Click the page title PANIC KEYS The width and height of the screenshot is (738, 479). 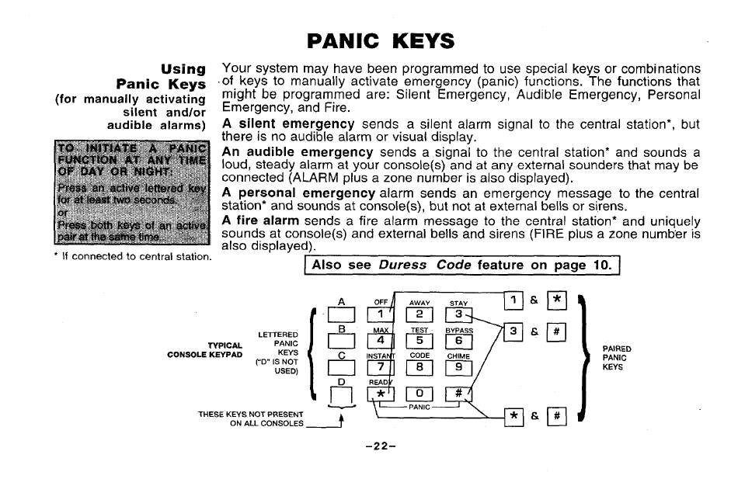(x=381, y=40)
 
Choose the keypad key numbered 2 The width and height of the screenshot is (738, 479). (x=419, y=314)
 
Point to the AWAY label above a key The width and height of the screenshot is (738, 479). (x=419, y=303)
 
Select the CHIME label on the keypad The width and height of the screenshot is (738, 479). (x=458, y=356)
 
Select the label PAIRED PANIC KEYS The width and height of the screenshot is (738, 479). (x=618, y=359)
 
